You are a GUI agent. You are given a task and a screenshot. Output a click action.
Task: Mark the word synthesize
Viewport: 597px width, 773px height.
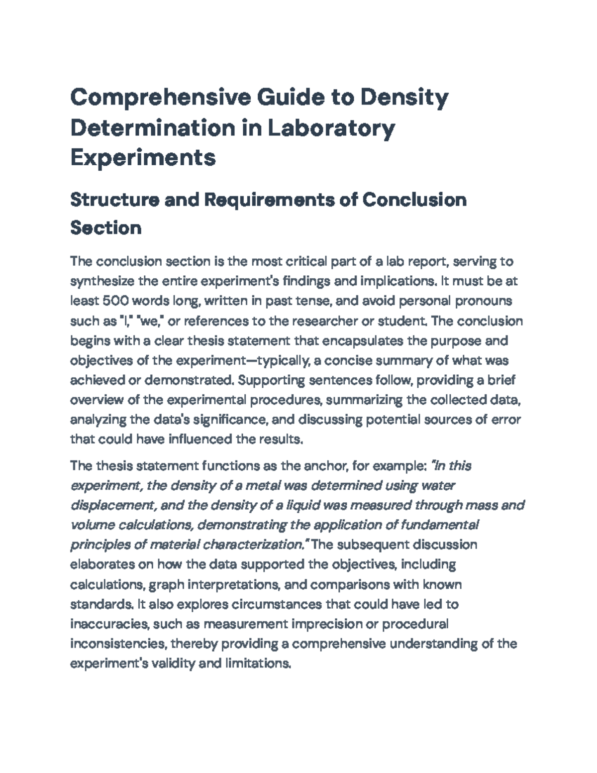(102, 281)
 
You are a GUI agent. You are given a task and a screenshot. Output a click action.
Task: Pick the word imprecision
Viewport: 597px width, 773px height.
(326, 624)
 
